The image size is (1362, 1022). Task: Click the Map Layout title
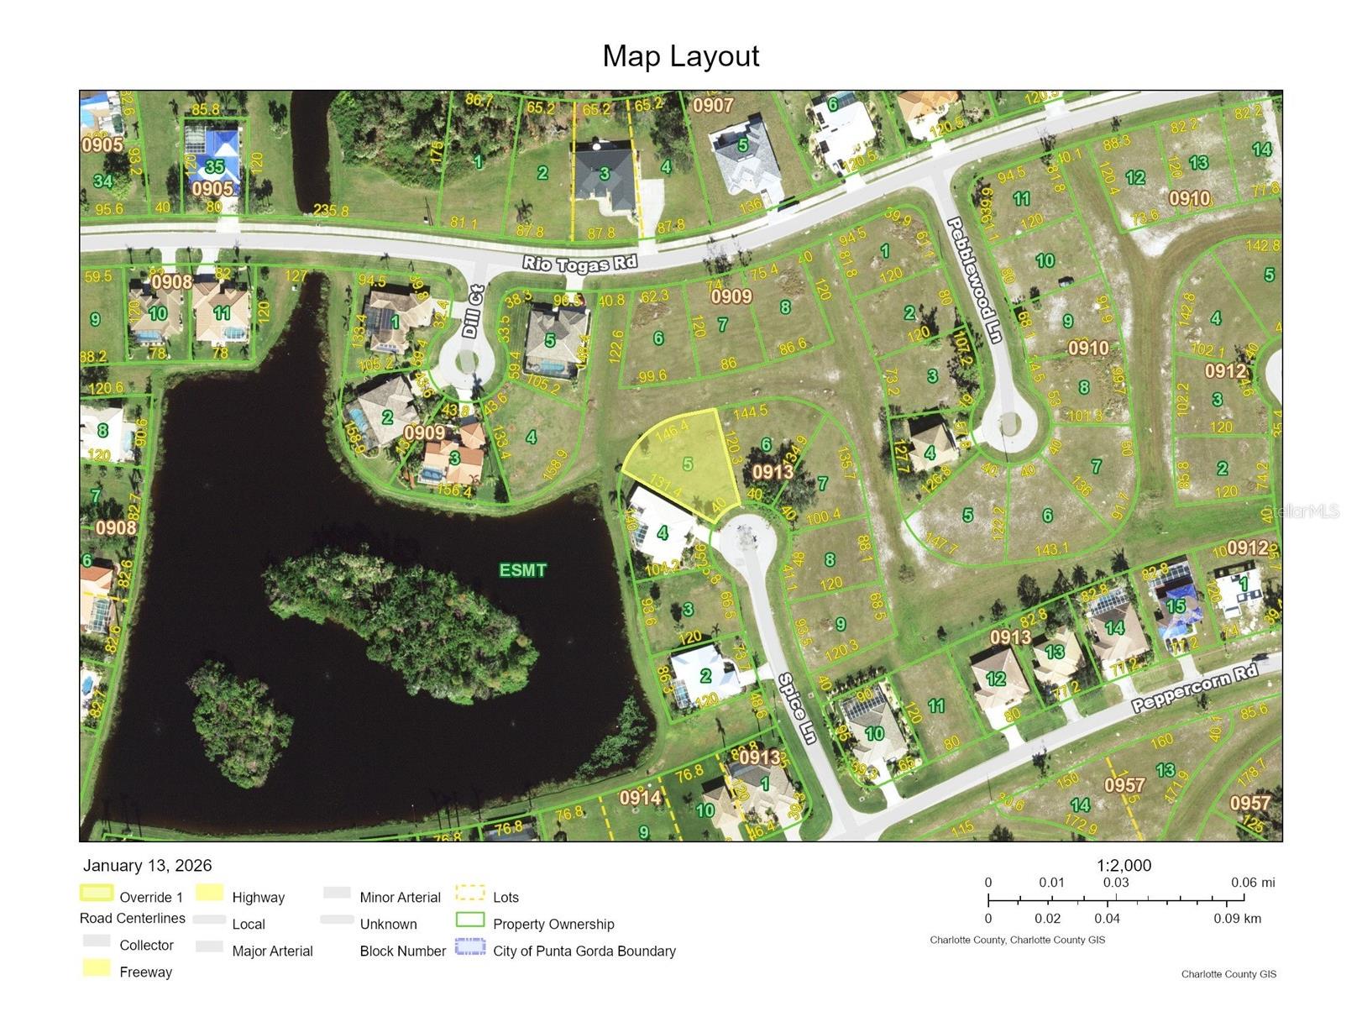(x=680, y=56)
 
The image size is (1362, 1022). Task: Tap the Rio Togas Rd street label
(x=579, y=264)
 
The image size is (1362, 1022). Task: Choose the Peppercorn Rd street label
(x=1195, y=688)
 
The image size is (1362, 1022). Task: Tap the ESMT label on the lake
(x=522, y=570)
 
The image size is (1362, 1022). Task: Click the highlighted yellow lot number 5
(x=688, y=464)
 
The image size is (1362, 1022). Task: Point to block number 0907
(x=713, y=106)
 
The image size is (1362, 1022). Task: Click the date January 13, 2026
(x=148, y=866)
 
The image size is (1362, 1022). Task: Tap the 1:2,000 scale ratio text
(x=1124, y=866)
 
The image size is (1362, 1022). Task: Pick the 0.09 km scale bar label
(x=1237, y=918)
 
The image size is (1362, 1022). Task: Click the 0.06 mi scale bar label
(x=1253, y=883)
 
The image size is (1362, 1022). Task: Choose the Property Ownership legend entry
(x=553, y=924)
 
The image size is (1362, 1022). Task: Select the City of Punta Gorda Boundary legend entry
(x=584, y=951)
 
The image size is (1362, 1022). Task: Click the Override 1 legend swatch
(x=96, y=894)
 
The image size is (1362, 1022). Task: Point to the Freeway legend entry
(x=145, y=972)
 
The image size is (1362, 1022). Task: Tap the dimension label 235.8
(x=331, y=211)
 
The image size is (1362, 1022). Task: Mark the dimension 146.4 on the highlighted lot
(x=671, y=430)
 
